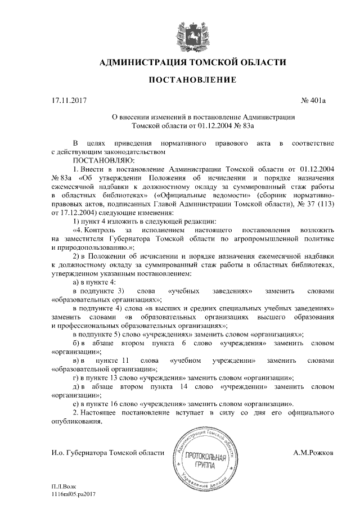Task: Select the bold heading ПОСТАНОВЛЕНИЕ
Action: tap(192, 81)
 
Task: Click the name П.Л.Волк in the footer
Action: tap(64, 485)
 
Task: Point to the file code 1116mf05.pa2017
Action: tap(73, 493)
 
